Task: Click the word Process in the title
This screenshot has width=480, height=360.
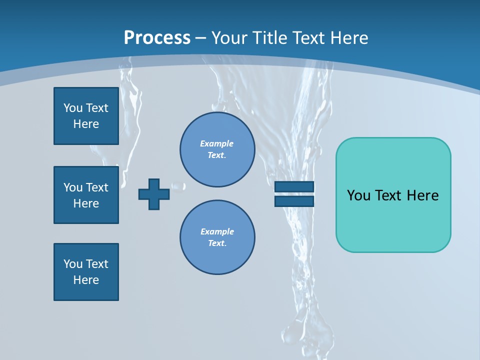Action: pyautogui.click(x=157, y=38)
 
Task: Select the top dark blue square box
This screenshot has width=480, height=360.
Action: pyautogui.click(x=86, y=116)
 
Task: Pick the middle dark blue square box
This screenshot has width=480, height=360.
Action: pyautogui.click(x=86, y=195)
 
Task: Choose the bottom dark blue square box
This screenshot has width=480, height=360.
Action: pyautogui.click(x=86, y=272)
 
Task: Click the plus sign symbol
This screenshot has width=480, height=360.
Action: pyautogui.click(x=153, y=194)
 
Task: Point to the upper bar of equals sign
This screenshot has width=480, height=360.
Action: pyautogui.click(x=294, y=186)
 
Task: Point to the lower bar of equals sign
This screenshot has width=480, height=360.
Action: pyautogui.click(x=294, y=201)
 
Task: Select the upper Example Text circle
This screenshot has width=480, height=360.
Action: pyautogui.click(x=217, y=149)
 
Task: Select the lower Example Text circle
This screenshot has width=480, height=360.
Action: pyautogui.click(x=217, y=237)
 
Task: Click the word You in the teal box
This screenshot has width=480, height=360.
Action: pyautogui.click(x=358, y=195)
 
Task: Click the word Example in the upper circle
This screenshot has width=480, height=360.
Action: pyautogui.click(x=216, y=143)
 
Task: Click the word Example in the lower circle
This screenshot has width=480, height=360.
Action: pyautogui.click(x=217, y=231)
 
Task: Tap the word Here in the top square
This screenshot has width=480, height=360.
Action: pyautogui.click(x=86, y=124)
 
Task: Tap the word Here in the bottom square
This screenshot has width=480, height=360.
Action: pyautogui.click(x=86, y=280)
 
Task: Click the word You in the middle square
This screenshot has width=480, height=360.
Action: pyautogui.click(x=73, y=187)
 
